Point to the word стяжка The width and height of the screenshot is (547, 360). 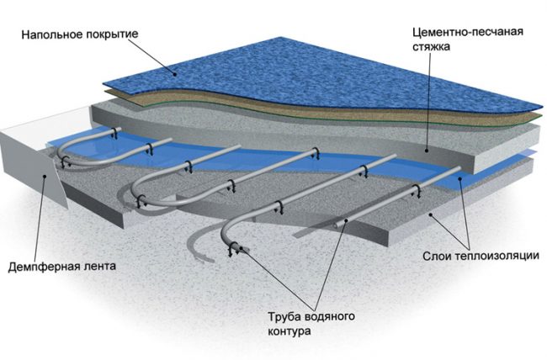431,47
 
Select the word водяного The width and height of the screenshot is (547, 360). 329,315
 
